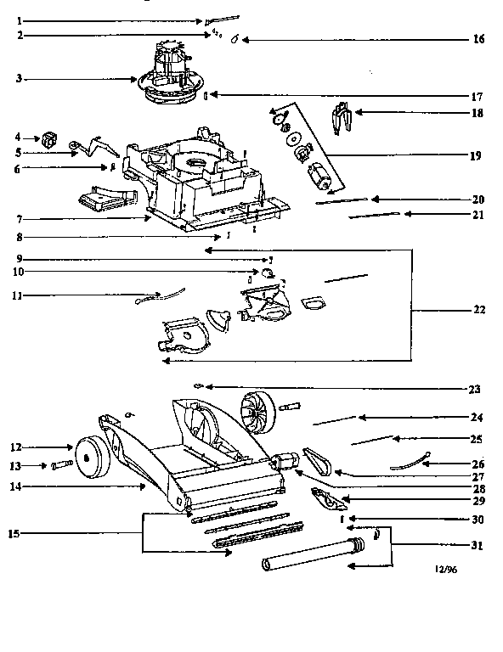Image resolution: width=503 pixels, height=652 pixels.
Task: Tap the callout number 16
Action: (x=478, y=40)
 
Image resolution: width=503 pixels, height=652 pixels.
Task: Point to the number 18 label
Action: (x=478, y=112)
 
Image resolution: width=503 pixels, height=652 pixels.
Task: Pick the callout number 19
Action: (x=478, y=155)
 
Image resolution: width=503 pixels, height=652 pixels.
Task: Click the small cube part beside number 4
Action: (x=49, y=138)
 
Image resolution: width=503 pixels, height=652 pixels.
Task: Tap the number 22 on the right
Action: (x=478, y=310)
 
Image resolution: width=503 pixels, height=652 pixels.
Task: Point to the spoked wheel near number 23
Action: (x=256, y=413)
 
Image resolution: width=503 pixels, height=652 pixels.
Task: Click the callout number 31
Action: (x=478, y=544)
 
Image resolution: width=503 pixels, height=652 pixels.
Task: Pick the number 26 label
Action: (x=478, y=464)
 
